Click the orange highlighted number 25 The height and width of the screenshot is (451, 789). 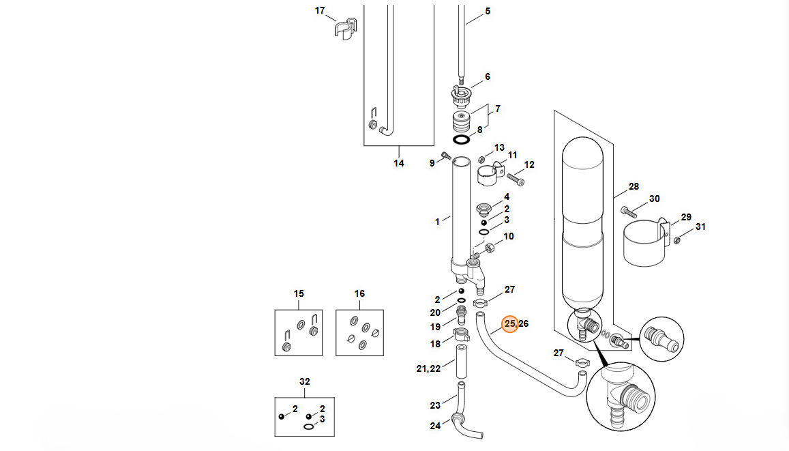point(509,323)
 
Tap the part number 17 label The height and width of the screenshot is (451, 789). point(320,10)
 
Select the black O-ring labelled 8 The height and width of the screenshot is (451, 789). point(462,139)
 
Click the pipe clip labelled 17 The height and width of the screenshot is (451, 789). point(346,29)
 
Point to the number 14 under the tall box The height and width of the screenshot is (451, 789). point(398,163)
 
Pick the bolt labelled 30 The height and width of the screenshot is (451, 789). point(629,212)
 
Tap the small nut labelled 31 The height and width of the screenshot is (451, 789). point(677,239)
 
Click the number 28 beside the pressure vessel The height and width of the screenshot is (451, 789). point(634,187)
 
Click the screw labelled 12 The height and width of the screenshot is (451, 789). point(516,179)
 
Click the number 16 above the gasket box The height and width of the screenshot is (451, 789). point(359,293)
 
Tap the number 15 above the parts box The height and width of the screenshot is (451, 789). point(299,293)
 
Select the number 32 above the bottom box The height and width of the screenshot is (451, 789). point(304,381)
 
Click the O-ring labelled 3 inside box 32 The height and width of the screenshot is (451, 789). point(308,426)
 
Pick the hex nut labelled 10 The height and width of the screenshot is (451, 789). point(490,248)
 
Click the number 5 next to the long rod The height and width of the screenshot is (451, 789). point(487,11)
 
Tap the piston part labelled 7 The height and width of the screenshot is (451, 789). point(462,122)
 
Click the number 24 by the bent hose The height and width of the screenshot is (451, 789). point(435,426)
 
